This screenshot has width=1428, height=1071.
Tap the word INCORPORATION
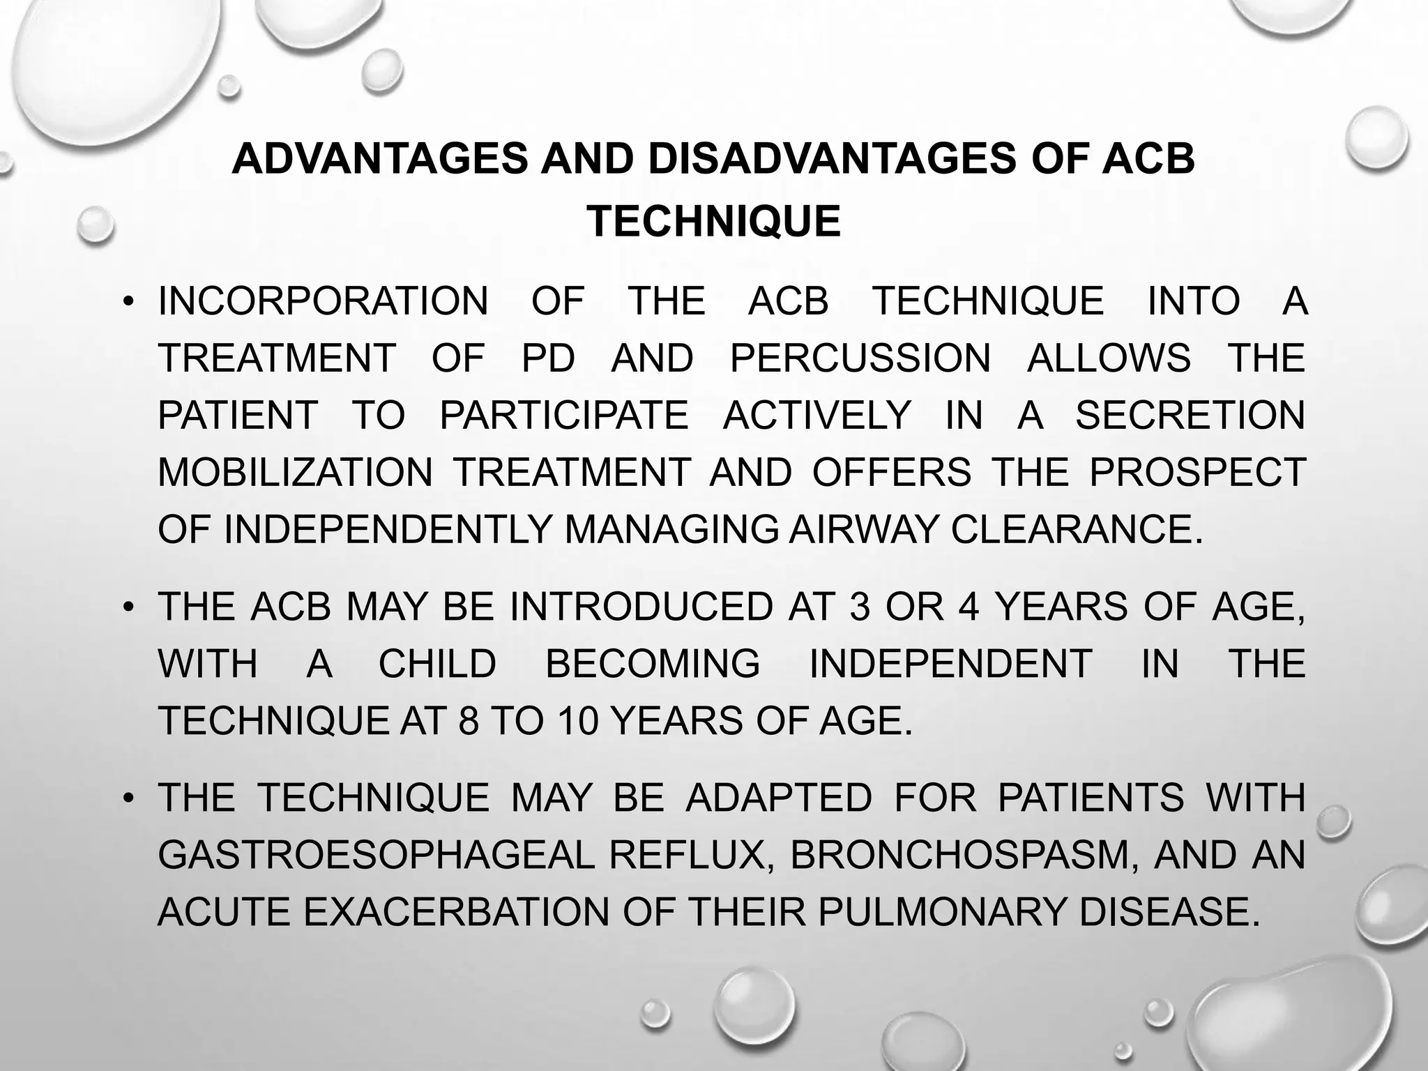pos(324,301)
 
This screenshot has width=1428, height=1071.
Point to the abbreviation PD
pos(548,358)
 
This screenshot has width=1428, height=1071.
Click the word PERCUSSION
pos(860,358)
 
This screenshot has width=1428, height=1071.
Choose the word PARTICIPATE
pos(563,416)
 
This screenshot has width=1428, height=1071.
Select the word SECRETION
pos(1190,416)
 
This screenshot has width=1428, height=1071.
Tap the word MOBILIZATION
pos(296,473)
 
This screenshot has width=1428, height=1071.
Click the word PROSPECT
pos(1197,473)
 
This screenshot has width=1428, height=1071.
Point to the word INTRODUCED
pos(641,607)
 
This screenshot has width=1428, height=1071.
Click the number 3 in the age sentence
pos(860,607)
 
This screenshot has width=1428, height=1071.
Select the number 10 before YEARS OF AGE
pos(578,721)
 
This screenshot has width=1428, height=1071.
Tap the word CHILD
pos(437,664)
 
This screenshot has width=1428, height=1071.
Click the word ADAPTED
pos(779,798)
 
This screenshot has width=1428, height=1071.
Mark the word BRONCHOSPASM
pos(966,855)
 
